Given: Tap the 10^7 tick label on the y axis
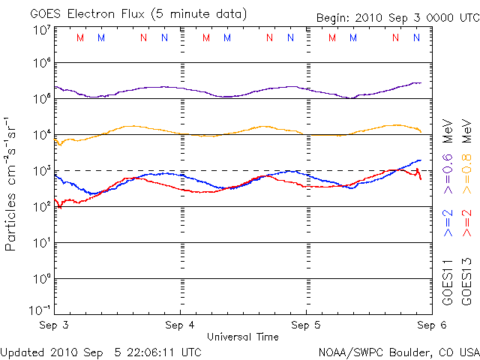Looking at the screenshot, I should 42,30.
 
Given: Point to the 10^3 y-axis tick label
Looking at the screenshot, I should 42,171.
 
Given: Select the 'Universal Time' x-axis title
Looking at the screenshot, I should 242,337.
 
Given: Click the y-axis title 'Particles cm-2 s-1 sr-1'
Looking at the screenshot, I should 12,184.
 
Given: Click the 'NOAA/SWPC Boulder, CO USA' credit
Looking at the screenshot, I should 397,351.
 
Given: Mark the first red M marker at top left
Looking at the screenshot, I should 80,37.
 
